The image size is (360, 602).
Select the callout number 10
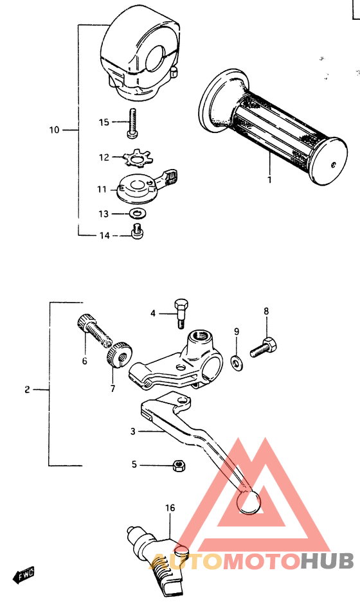pyautogui.click(x=54, y=130)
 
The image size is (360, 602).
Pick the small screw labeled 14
pyautogui.click(x=136, y=233)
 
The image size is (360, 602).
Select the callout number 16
pyautogui.click(x=170, y=508)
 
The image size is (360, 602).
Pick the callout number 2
pyautogui.click(x=27, y=389)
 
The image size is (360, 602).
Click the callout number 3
pyautogui.click(x=132, y=432)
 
